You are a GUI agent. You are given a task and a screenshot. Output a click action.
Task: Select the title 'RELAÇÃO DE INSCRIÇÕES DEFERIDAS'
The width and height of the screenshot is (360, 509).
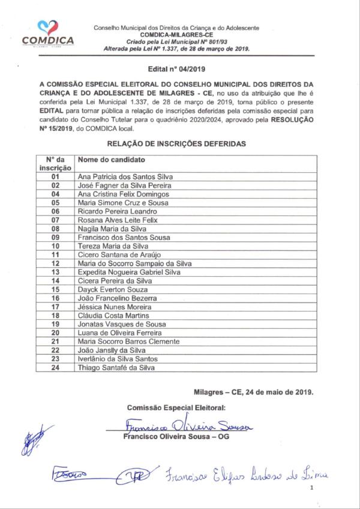click(176, 144)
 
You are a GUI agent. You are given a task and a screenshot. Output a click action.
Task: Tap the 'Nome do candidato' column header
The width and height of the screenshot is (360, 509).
click(112, 160)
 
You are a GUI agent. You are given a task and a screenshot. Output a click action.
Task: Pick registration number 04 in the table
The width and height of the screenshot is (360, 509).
click(56, 194)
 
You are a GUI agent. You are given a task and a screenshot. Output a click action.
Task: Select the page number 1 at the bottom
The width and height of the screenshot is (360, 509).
click(313, 489)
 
